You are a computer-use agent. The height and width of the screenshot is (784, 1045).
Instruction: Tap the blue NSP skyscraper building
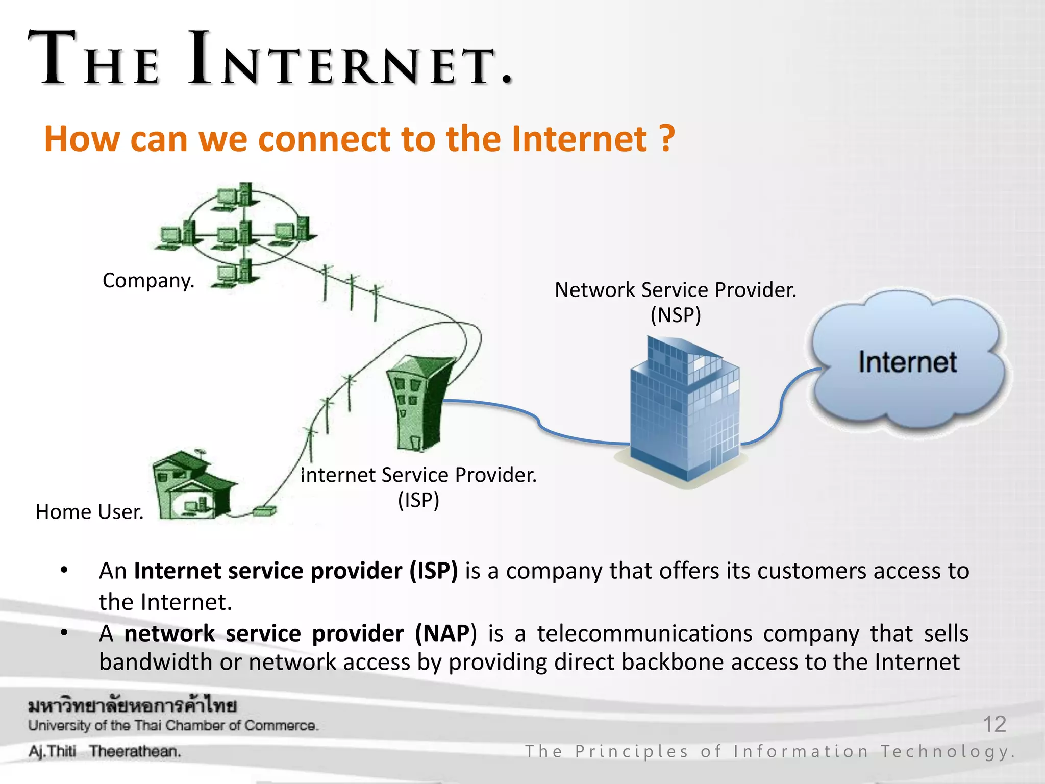684,408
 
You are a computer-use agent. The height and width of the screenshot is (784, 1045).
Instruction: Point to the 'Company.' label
148,280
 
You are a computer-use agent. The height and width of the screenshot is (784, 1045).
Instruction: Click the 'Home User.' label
90,511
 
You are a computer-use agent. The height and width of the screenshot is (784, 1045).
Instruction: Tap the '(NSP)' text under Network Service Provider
676,315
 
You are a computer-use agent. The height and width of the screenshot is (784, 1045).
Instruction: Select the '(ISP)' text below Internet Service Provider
418,500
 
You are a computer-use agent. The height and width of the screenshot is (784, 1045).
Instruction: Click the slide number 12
994,724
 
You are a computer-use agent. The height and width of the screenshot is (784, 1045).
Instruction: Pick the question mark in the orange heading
667,138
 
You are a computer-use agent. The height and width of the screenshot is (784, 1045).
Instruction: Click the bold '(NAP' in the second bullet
442,633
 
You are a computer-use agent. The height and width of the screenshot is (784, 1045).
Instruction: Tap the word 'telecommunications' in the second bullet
644,633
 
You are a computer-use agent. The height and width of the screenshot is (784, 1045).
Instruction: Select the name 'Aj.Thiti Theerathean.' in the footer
105,751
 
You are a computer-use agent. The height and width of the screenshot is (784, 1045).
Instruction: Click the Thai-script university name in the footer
133,706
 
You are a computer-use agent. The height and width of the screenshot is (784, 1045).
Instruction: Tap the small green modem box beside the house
264,510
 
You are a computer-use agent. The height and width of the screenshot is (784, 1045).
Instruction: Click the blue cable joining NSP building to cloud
781,408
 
